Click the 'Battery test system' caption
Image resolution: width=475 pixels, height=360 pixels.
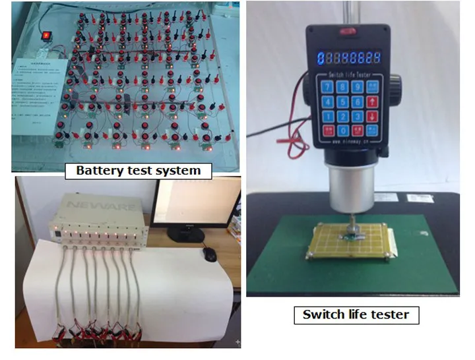[138, 170]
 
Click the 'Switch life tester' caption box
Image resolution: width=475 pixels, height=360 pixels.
[356, 314]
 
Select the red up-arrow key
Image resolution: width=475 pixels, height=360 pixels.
[373, 102]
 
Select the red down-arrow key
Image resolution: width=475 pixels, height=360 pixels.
[373, 116]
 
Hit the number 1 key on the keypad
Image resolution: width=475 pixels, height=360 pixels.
[327, 116]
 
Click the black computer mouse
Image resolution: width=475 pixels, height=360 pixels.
[210, 255]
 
